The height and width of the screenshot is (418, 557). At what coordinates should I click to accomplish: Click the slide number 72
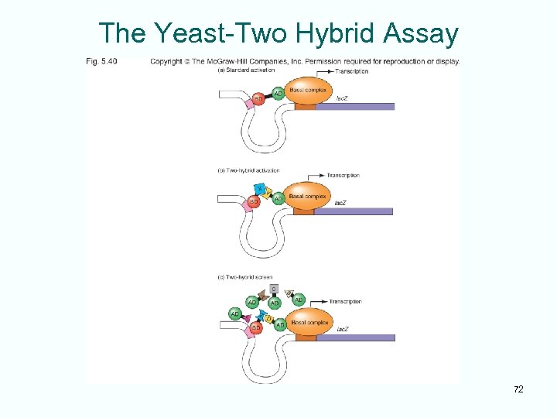518,389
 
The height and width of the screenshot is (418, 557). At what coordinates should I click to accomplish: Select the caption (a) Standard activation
244,71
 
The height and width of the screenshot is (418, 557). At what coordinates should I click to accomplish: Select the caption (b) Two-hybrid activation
248,170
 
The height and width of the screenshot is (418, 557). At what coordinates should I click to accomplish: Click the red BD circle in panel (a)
258,99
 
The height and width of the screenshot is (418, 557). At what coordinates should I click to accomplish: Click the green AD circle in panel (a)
277,94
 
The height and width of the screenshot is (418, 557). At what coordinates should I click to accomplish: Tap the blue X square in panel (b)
260,189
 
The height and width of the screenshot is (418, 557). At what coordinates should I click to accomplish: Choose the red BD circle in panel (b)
254,201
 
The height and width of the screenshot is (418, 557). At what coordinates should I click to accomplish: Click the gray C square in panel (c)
274,289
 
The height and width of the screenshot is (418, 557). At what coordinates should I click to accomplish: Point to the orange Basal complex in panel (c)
309,322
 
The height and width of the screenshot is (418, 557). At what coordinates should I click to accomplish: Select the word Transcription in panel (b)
343,176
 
